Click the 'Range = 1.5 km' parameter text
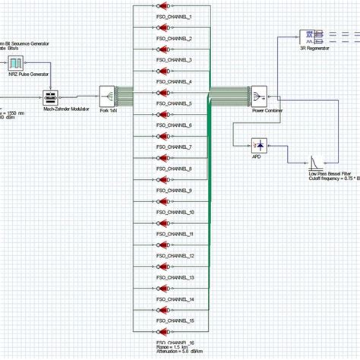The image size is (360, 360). pos(172,349)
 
